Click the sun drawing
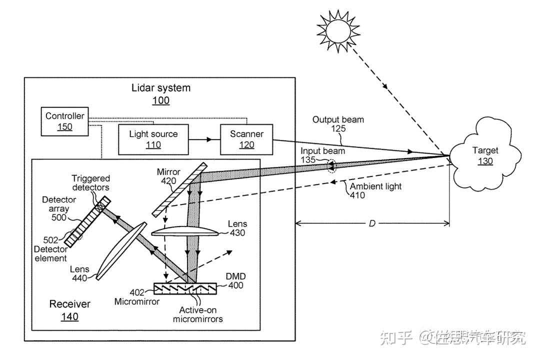338,31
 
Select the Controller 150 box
64,121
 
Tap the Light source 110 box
153,139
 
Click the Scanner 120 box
246,139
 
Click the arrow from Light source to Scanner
204,139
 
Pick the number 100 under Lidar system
161,100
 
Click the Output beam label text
338,119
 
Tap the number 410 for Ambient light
357,195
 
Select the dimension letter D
372,223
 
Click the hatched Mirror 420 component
180,189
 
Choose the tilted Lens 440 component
121,250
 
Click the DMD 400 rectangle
185,288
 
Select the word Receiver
69,304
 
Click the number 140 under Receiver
69,316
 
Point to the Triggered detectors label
90,183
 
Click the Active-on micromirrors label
197,314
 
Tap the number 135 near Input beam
308,160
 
